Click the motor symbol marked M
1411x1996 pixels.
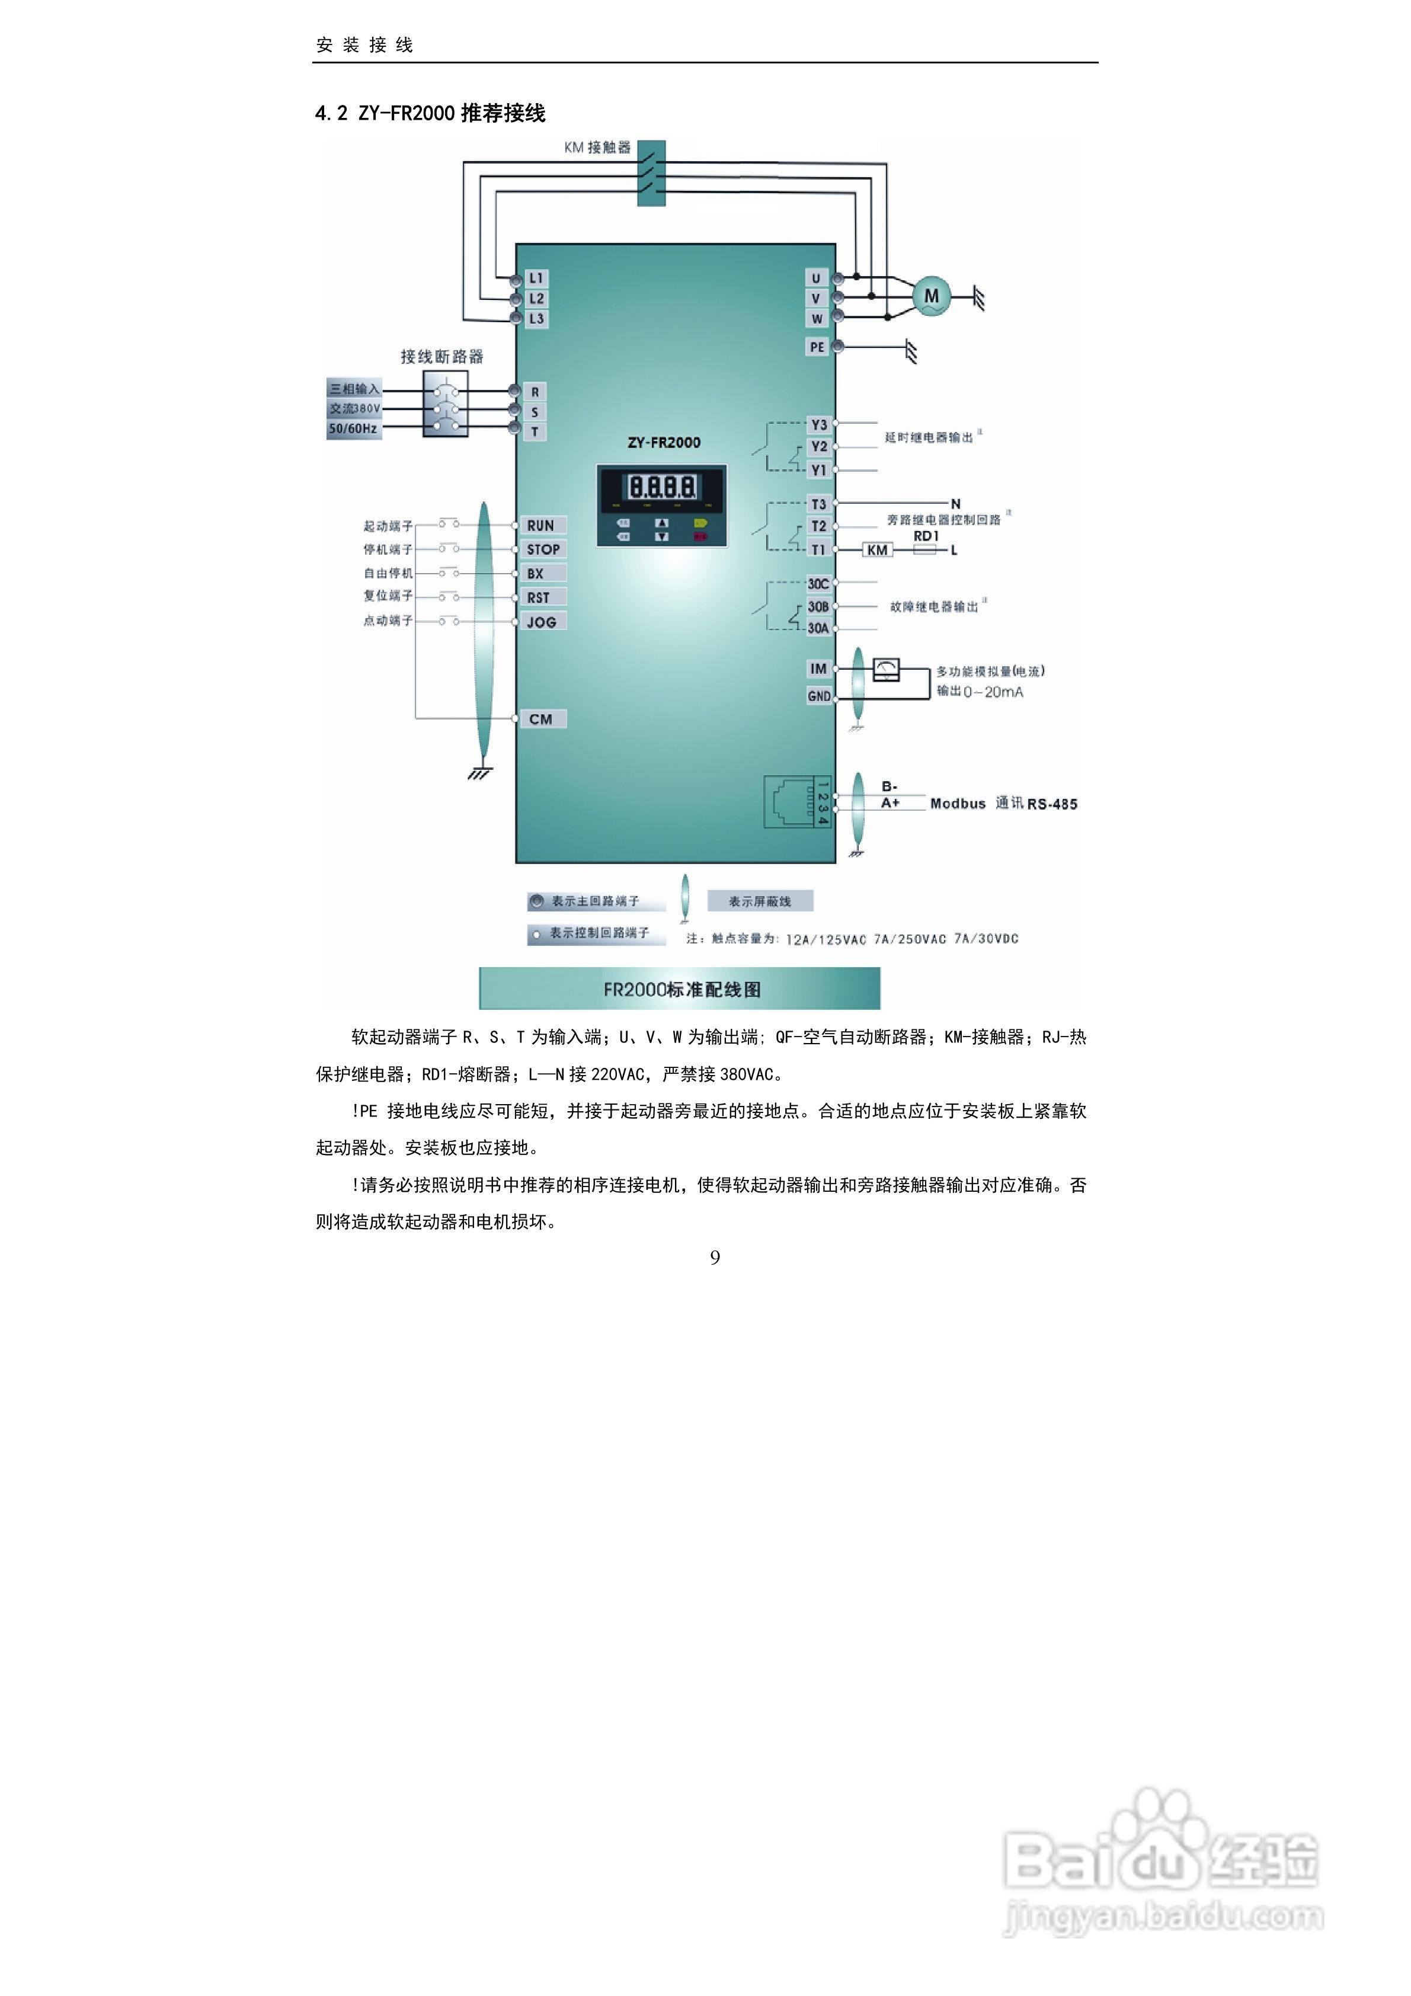pos(931,296)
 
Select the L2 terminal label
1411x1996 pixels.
pos(536,298)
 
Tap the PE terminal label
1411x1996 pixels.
pos(817,347)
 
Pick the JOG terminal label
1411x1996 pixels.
pos(542,622)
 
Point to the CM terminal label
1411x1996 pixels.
pos(540,719)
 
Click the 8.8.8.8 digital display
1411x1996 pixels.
pos(661,486)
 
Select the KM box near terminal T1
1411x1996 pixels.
pos(877,549)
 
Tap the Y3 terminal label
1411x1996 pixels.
pos(818,425)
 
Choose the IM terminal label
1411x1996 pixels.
pos(818,668)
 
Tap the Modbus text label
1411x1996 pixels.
pos(957,803)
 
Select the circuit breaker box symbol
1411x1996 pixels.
pos(445,404)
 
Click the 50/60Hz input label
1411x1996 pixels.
pos(353,428)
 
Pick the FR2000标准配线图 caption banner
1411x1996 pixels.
pos(680,989)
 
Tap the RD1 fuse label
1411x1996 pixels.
pos(926,536)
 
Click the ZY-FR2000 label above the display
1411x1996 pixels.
pos(663,443)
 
